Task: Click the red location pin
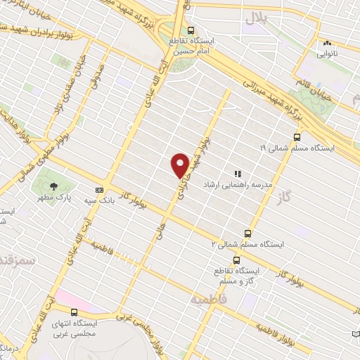[180, 165]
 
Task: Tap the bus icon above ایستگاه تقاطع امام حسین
[191, 30]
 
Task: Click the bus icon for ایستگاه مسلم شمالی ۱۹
[297, 138]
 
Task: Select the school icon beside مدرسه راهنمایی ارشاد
[238, 174]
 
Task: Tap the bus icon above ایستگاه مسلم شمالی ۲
[247, 233]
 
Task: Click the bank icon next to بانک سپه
[100, 189]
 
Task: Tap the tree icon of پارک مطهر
[54, 186]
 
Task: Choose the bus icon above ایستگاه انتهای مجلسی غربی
[74, 311]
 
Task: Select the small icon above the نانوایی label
[326, 42]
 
